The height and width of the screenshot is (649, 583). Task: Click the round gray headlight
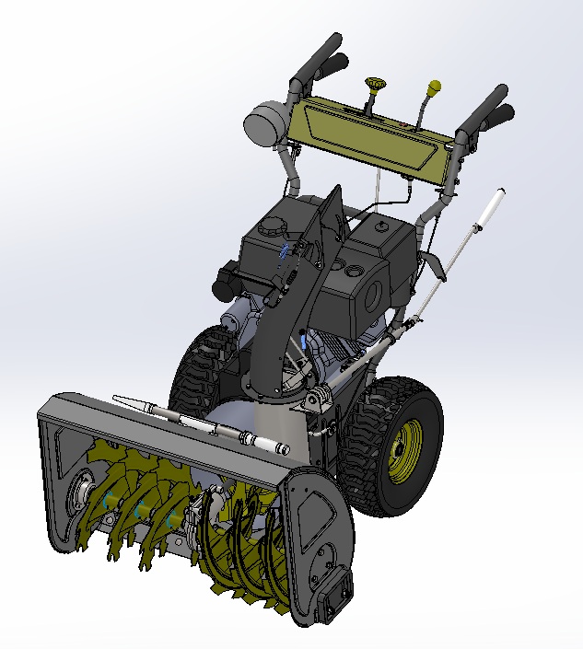point(265,122)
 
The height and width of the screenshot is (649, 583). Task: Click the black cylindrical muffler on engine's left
point(226,282)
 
